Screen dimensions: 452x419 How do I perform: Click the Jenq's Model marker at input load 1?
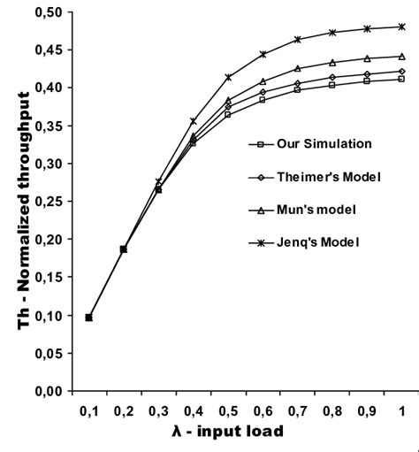402,27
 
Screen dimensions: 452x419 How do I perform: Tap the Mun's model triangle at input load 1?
402,56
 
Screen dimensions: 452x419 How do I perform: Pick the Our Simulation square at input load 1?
402,79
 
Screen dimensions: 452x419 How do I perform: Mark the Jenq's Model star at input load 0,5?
228,77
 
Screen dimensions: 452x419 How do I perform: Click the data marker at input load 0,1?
88,317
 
